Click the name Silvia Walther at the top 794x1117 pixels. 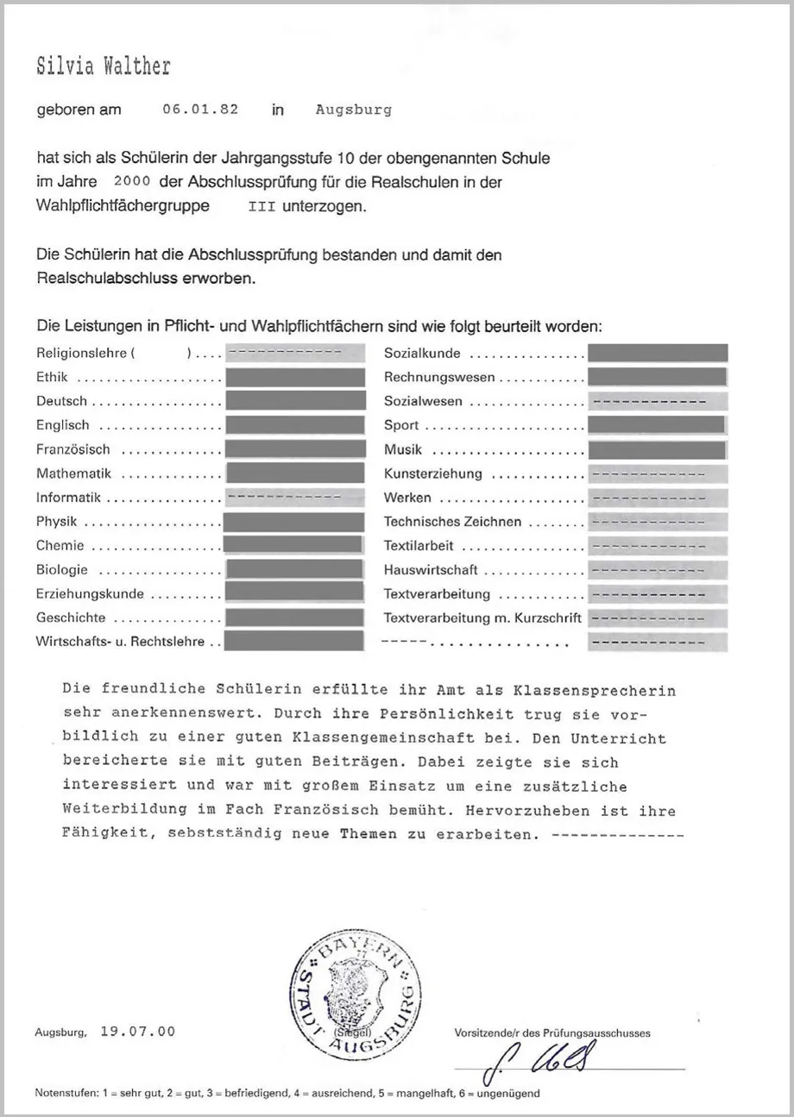104,67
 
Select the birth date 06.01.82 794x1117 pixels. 200,110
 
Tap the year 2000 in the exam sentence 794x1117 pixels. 132,182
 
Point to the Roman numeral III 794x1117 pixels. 262,207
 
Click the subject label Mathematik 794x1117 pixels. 74,474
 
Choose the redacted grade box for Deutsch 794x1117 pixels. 294,400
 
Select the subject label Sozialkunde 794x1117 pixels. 422,354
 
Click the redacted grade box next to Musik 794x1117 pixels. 657,449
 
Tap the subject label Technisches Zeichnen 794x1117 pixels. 453,522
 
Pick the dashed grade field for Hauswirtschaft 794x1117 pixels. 657,570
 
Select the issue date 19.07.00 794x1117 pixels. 137,1032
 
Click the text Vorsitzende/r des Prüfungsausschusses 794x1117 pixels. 552,1032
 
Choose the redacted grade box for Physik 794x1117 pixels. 294,521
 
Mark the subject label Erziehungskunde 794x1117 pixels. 90,594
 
